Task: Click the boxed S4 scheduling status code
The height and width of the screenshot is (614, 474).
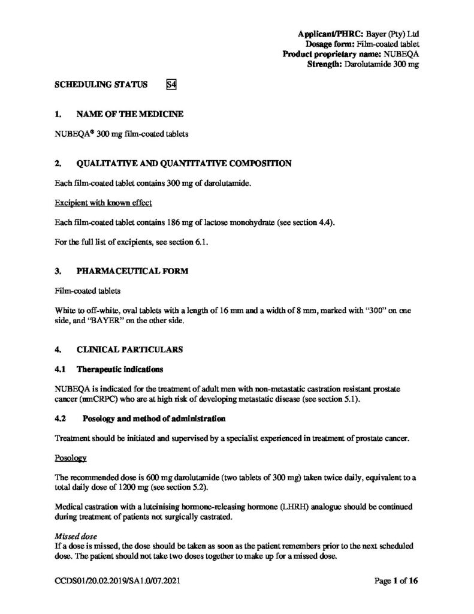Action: pyautogui.click(x=171, y=85)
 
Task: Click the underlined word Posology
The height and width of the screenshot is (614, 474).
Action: pyautogui.click(x=71, y=458)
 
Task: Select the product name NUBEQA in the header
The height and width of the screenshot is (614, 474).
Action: pyautogui.click(x=401, y=54)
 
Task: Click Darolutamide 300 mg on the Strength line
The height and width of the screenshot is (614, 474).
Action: pyautogui.click(x=381, y=64)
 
